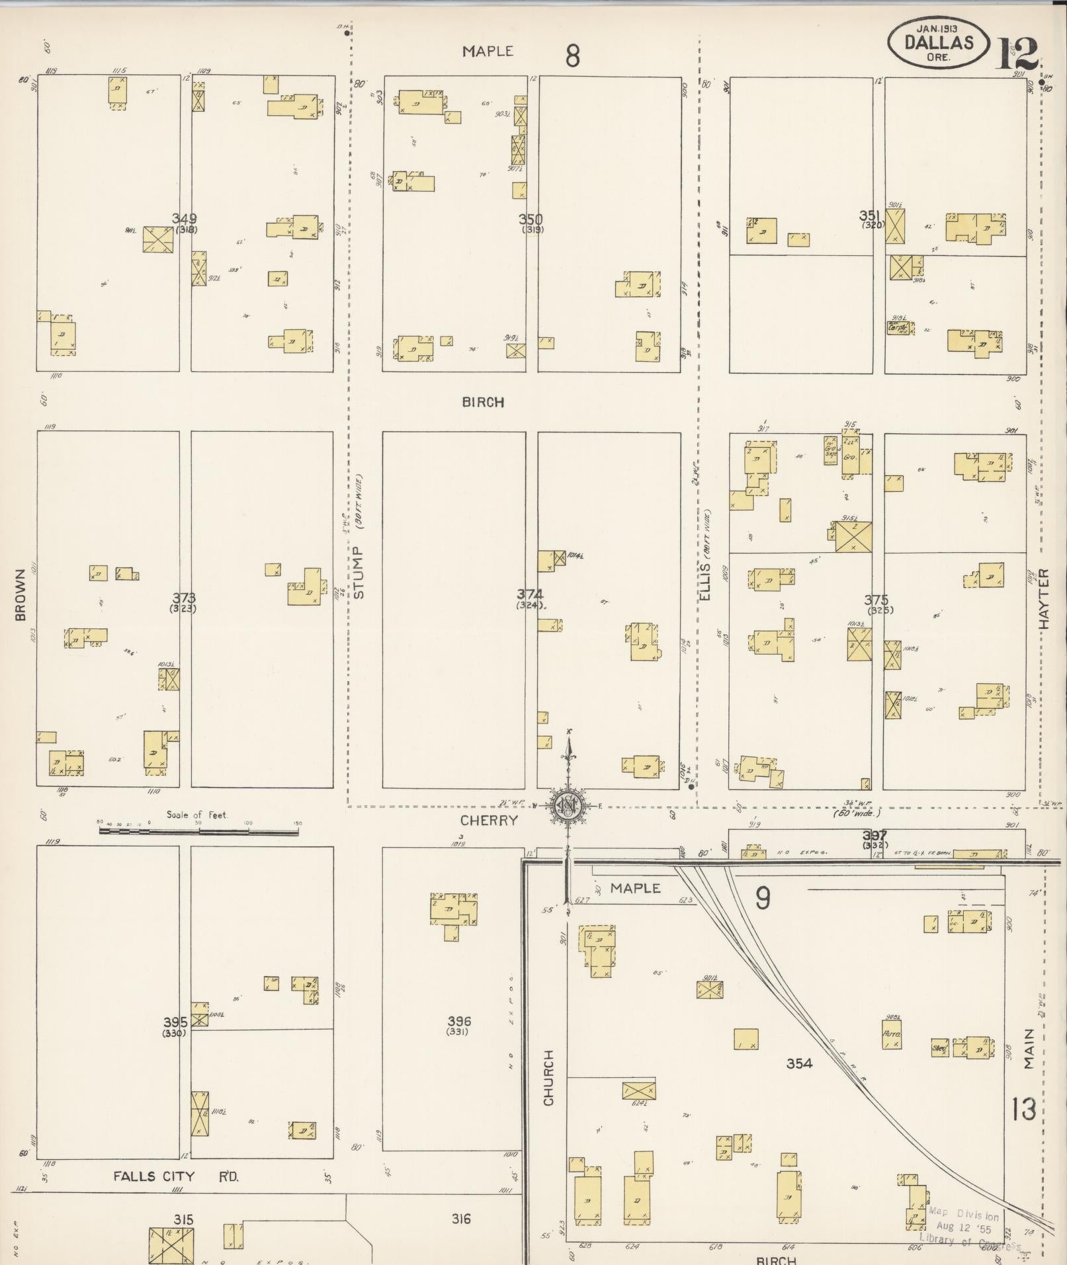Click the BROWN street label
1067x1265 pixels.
click(20, 594)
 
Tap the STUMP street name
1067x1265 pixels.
click(359, 573)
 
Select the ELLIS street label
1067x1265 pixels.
click(704, 581)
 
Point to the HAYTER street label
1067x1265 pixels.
click(1045, 598)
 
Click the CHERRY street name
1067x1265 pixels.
click(489, 820)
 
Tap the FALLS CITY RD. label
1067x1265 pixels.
click(175, 1176)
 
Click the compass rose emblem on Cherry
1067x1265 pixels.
click(568, 805)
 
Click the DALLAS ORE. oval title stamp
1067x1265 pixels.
click(938, 43)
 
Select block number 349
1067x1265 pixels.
click(184, 219)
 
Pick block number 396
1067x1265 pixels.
click(459, 1022)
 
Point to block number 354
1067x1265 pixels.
click(799, 1063)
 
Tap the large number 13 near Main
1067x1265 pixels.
click(1023, 1110)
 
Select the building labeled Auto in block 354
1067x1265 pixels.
click(890, 1036)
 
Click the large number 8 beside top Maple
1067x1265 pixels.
click(572, 56)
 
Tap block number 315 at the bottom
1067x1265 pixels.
click(183, 1219)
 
